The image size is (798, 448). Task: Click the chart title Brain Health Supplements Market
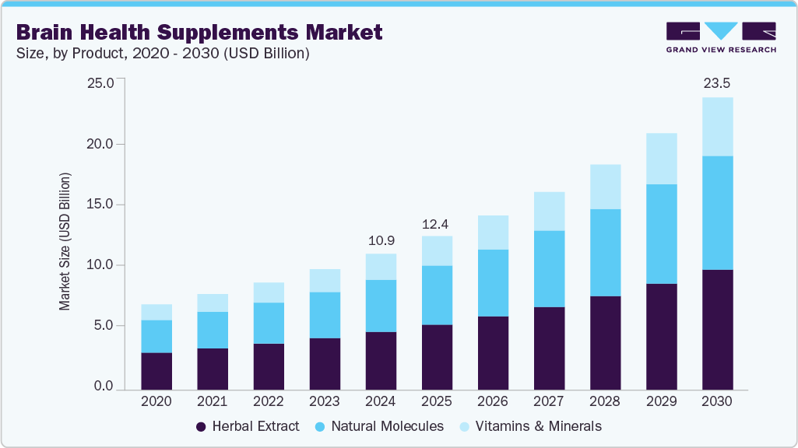[x=199, y=32]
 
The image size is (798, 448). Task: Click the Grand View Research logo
[x=721, y=37]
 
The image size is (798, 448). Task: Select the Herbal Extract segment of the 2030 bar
[x=717, y=329]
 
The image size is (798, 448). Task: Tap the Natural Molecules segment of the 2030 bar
[x=717, y=212]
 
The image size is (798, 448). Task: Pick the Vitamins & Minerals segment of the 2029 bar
[x=661, y=159]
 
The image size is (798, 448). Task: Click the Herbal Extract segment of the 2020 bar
[x=156, y=370]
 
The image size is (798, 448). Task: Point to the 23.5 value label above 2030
[x=717, y=83]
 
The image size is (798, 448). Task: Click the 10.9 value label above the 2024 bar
[x=381, y=240]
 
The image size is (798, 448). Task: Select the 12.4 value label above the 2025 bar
[x=437, y=224]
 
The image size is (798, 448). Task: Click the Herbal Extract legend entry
[x=247, y=426]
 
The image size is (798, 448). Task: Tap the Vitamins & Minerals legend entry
[x=531, y=426]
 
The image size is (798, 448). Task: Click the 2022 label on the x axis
[x=269, y=402]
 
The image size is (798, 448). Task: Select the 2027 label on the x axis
[x=549, y=402]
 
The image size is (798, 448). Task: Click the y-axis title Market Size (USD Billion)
[x=65, y=242]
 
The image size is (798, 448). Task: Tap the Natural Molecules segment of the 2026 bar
[x=493, y=282]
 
